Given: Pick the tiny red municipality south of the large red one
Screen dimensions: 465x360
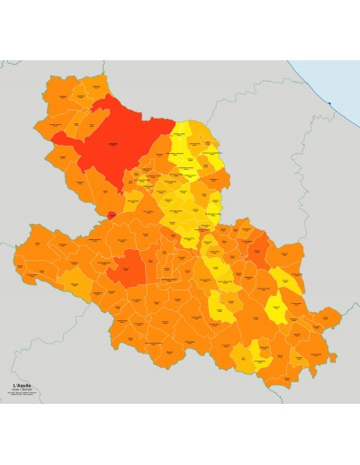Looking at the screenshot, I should (x=111, y=214).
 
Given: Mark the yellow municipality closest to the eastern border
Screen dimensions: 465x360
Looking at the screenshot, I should (x=290, y=281).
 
